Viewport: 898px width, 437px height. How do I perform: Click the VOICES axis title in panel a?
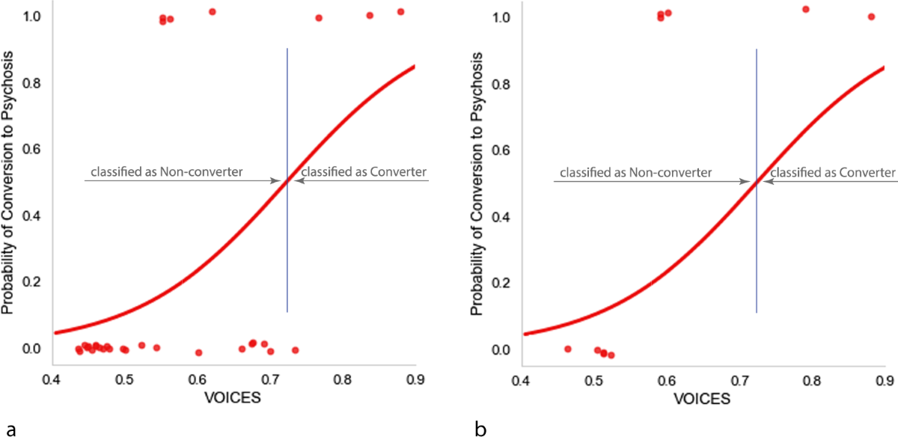coord(233,397)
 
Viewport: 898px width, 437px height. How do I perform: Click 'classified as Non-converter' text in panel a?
coord(167,172)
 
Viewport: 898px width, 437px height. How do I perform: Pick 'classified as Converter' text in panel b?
coord(831,173)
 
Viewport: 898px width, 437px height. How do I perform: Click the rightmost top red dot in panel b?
coord(871,16)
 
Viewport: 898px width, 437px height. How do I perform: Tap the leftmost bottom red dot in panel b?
coord(567,349)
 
